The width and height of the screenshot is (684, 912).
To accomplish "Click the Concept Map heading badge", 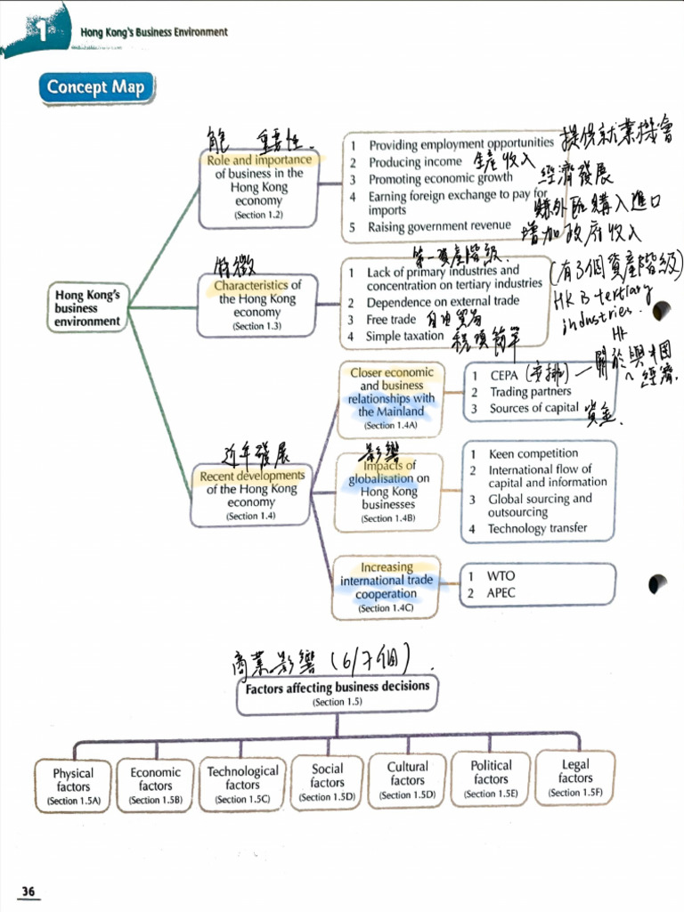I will [x=95, y=87].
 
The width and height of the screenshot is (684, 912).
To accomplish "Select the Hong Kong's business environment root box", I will [x=87, y=308].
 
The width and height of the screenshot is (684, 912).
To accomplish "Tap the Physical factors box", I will [x=73, y=785].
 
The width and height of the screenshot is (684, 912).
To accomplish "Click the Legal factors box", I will [x=575, y=778].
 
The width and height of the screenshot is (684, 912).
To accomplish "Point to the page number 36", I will [x=28, y=892].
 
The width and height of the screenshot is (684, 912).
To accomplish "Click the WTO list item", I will [x=501, y=576].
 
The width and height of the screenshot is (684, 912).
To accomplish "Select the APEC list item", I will [x=501, y=592].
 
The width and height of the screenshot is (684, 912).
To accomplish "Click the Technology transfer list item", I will [x=537, y=528].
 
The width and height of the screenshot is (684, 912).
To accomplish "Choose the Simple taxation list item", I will [x=404, y=337].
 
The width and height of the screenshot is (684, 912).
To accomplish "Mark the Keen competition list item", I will [x=533, y=453].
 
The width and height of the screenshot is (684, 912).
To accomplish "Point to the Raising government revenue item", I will [x=440, y=226].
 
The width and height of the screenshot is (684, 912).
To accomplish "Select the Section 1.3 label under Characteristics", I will [x=256, y=327].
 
